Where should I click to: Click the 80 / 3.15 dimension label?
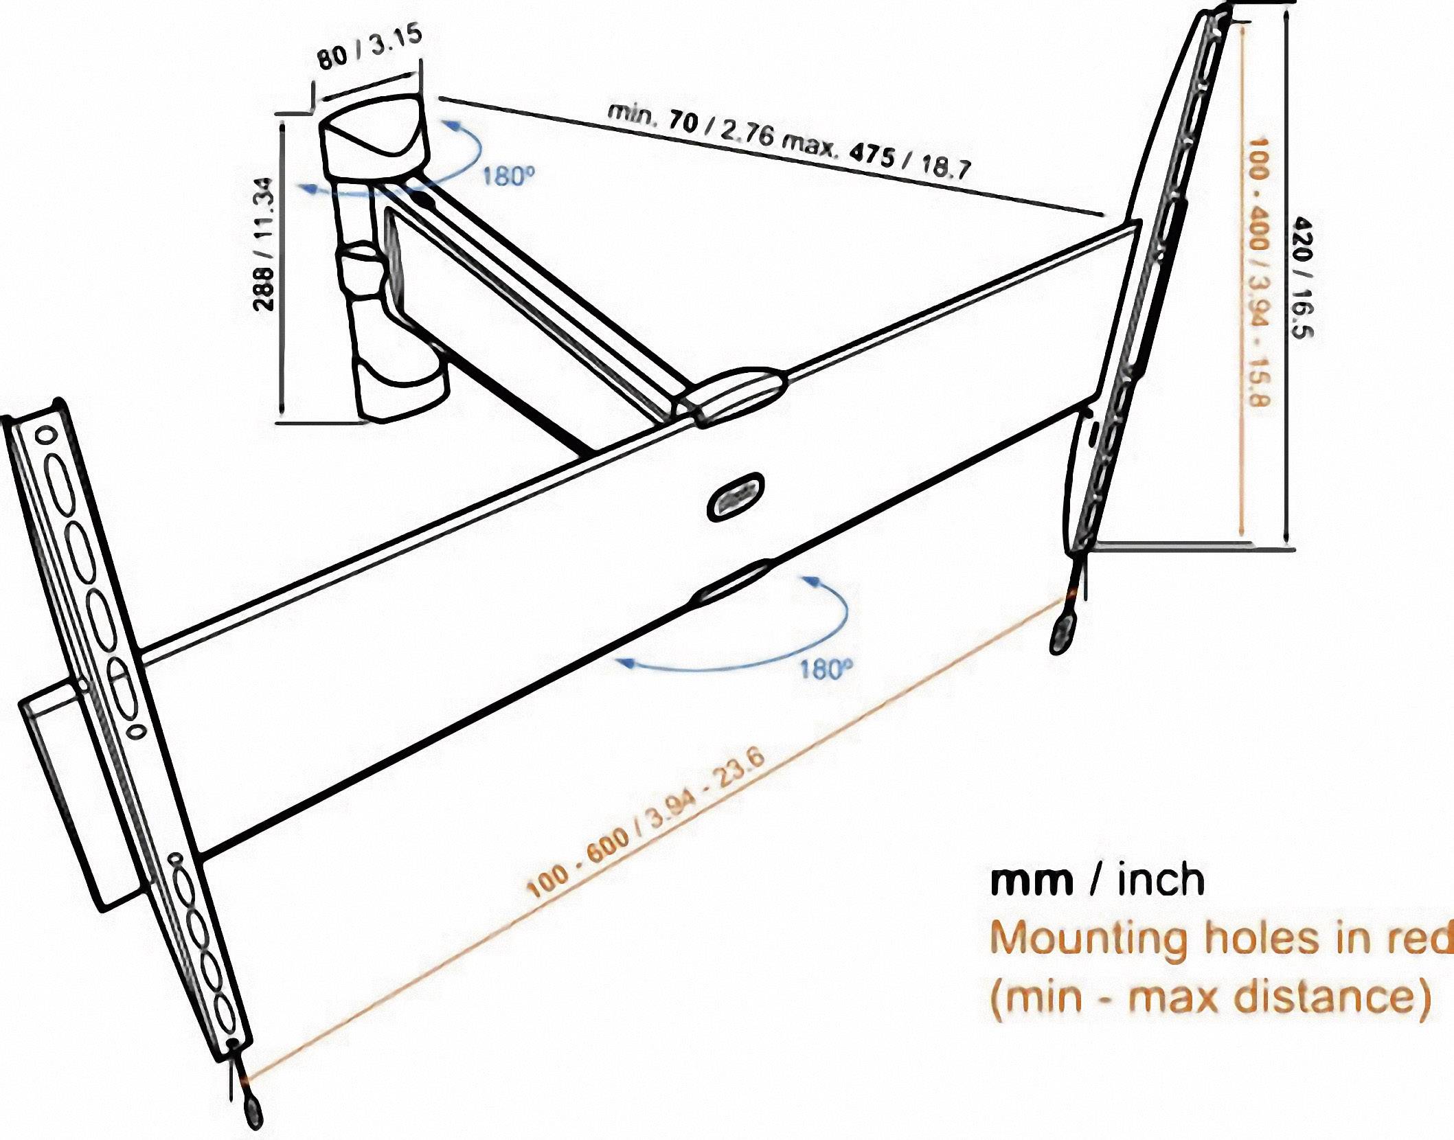[x=369, y=47]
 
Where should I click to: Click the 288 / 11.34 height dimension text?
[x=264, y=244]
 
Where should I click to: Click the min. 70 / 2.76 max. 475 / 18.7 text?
[x=789, y=140]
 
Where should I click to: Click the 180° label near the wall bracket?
[x=508, y=176]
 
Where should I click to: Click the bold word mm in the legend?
[x=1031, y=882]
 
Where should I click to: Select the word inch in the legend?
[x=1161, y=882]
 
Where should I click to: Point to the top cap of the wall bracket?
[x=374, y=130]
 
